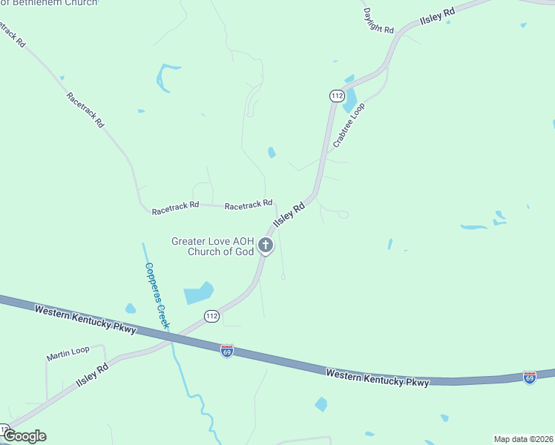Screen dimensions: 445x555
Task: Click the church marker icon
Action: coord(266,245)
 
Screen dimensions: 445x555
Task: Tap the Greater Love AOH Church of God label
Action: coord(213,246)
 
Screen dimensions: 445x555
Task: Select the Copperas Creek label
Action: coord(157,295)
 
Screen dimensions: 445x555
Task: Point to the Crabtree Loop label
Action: coord(349,125)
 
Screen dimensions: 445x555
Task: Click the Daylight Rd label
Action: coord(378,20)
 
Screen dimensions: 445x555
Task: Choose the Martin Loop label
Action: coord(68,353)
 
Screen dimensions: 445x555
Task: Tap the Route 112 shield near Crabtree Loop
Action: coord(338,96)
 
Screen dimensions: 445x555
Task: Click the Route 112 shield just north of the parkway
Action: coord(211,316)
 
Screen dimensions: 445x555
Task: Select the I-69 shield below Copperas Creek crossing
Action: coord(227,350)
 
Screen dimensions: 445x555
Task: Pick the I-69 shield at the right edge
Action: coord(529,378)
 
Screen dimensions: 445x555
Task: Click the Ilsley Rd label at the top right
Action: coord(437,17)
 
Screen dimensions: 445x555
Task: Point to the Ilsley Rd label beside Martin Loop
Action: coord(92,377)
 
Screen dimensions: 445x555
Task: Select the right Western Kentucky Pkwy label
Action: coord(378,378)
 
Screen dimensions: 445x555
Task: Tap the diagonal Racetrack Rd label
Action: coord(85,110)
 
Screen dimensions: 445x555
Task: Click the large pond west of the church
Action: coord(198,293)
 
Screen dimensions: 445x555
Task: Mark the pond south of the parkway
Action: coord(321,404)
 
